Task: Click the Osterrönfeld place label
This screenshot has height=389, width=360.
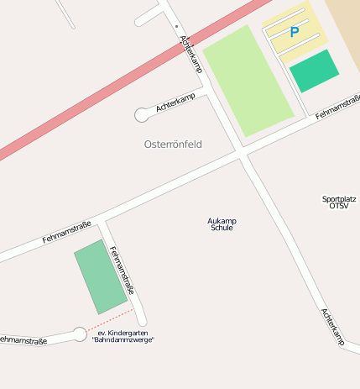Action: (x=173, y=145)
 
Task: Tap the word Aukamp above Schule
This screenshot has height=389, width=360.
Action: (x=222, y=221)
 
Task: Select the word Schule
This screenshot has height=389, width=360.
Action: (x=222, y=228)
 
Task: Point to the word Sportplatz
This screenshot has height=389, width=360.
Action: (x=339, y=199)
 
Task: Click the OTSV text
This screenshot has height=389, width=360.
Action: (x=339, y=206)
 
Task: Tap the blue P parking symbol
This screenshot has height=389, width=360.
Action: (x=294, y=33)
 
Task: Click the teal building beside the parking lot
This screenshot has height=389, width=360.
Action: (x=315, y=71)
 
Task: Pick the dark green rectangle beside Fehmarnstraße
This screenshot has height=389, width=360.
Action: (x=101, y=276)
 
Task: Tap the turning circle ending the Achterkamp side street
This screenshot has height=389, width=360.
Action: (x=142, y=115)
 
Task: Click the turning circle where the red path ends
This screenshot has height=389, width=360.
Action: (x=80, y=334)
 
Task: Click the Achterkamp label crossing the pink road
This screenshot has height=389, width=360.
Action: (x=192, y=54)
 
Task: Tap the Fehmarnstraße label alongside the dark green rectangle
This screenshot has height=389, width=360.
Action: (x=123, y=271)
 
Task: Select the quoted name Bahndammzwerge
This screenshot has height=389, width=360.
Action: (x=123, y=340)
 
